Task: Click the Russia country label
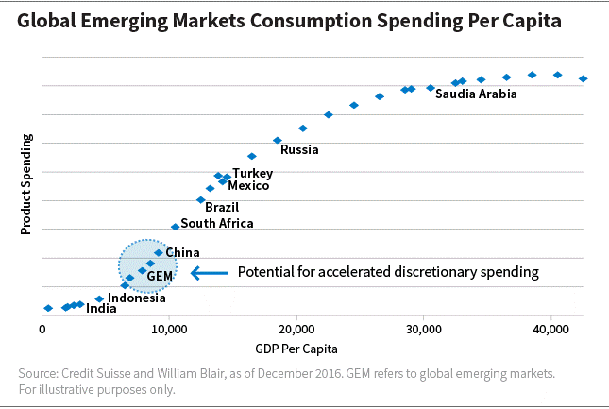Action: pos(299,149)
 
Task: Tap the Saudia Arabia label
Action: pos(476,94)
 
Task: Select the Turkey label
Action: pos(252,173)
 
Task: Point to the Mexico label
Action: pos(248,186)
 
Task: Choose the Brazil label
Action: pos(222,207)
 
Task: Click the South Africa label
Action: pos(217,224)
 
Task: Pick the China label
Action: pos(182,252)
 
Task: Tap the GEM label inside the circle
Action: pos(161,275)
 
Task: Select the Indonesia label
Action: pos(136,298)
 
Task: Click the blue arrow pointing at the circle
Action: pos(209,272)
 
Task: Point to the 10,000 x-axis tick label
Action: pos(169,329)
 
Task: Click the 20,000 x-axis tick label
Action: pos(296,329)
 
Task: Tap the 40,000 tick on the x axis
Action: pos(550,329)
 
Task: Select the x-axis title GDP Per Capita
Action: pos(296,347)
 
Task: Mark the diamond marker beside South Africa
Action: pos(175,227)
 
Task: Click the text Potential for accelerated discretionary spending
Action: pos(387,272)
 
